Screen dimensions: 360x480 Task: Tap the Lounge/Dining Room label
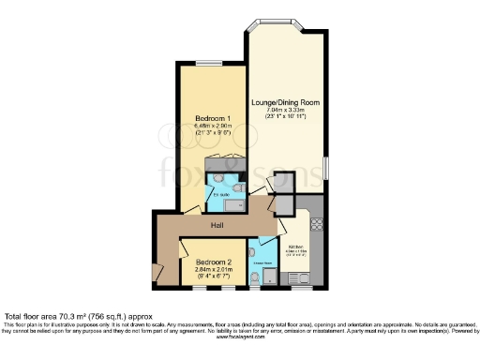click(286, 100)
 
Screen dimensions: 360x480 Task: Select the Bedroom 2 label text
click(213, 262)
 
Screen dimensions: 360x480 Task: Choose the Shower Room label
click(262, 263)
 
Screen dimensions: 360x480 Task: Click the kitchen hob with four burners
click(316, 225)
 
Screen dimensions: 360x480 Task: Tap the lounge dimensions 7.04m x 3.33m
click(286, 109)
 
